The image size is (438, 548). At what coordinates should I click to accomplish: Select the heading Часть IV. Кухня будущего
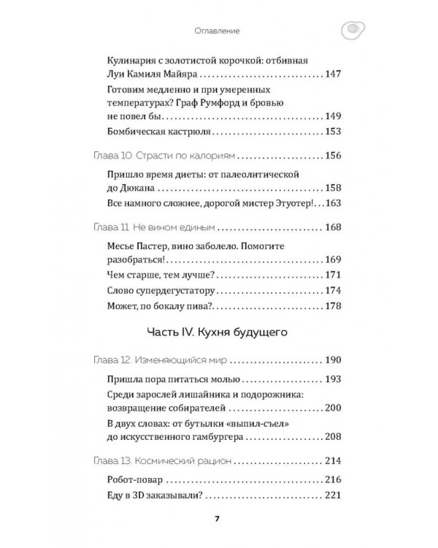tap(218, 333)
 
